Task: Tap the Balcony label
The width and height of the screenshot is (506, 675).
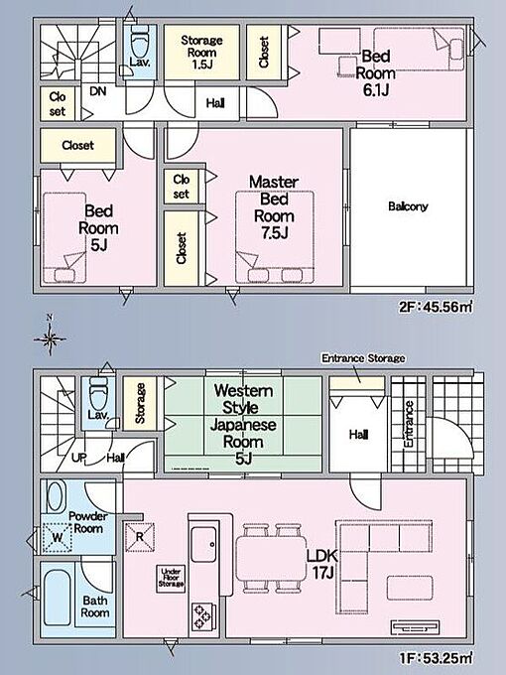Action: (408, 206)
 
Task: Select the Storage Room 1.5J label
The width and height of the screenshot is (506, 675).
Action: (201, 52)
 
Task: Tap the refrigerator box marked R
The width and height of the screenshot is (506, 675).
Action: (140, 537)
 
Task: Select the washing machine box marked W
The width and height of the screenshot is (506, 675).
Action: (57, 538)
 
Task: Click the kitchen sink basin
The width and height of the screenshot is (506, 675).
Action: (204, 544)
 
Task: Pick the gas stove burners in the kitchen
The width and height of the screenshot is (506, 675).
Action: (202, 616)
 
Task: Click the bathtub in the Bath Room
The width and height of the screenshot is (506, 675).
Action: (58, 599)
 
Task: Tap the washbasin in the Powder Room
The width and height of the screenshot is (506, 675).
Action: (56, 497)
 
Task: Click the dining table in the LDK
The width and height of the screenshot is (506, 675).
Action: (271, 558)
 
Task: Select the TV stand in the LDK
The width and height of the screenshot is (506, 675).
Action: (415, 627)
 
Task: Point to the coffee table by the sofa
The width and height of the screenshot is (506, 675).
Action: (409, 588)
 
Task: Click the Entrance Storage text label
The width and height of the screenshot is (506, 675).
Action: (363, 358)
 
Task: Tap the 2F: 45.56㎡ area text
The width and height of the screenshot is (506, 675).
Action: (436, 307)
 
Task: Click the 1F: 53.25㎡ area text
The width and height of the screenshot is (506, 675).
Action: (436, 658)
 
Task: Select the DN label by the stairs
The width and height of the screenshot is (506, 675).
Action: (98, 91)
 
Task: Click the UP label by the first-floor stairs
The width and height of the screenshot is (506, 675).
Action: (78, 458)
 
